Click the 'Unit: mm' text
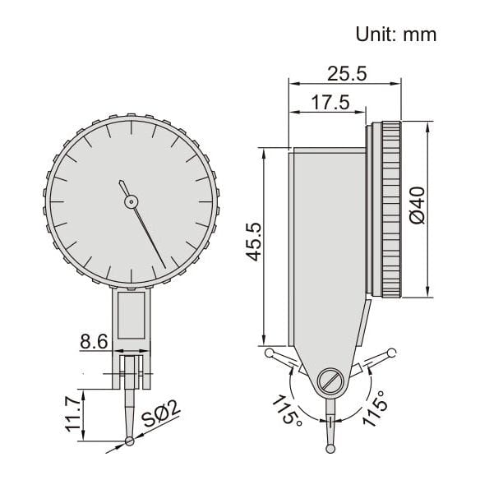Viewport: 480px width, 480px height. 395,34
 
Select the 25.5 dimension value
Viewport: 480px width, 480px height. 346,73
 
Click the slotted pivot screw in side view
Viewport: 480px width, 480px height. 329,381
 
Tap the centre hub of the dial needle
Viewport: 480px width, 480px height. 130,201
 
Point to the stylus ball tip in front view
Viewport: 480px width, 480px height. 132,443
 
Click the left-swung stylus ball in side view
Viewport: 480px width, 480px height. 270,353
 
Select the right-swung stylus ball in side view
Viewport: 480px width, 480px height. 393,355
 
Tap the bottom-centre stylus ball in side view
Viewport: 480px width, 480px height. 330,446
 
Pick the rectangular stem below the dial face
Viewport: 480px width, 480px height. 132,316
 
